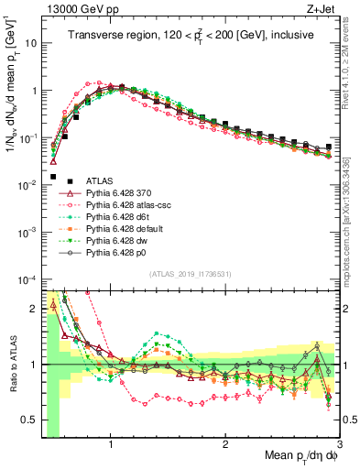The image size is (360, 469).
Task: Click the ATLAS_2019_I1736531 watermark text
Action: pyautogui.click(x=189, y=275)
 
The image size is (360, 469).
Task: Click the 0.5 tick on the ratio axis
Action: pyautogui.click(x=30, y=420)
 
